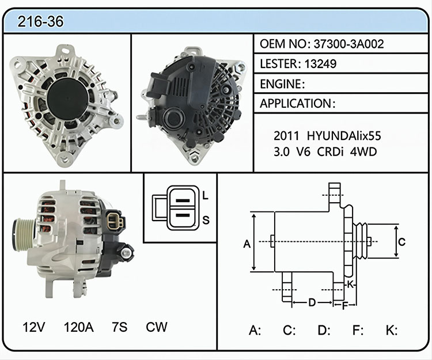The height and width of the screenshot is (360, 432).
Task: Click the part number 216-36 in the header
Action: [x=40, y=21]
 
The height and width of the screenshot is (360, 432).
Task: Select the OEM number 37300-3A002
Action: [x=348, y=44]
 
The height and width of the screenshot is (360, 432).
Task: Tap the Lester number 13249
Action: [x=320, y=64]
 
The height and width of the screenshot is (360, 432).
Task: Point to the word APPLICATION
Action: [x=295, y=104]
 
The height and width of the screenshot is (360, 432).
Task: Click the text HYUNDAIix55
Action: [x=344, y=136]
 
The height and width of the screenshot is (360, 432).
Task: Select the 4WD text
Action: [x=363, y=152]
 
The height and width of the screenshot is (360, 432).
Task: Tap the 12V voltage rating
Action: [x=33, y=327]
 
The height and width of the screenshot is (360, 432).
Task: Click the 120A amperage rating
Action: [x=79, y=327]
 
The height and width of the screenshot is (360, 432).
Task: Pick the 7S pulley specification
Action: [x=120, y=327]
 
